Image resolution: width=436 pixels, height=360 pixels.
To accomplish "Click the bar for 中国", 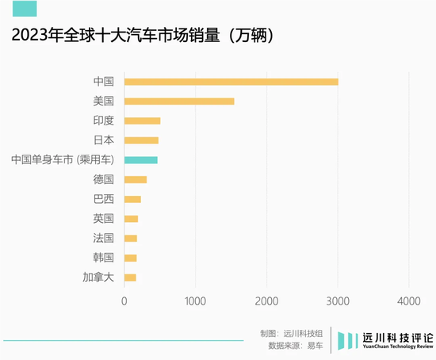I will pos(231,82).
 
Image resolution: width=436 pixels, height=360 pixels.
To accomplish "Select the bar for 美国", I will pos(179,101).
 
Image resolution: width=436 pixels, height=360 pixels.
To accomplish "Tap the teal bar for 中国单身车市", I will pos(141,160).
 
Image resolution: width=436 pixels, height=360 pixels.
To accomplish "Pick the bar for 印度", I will pos(143,121).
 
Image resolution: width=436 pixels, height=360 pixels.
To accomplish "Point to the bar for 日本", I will pos(141,140).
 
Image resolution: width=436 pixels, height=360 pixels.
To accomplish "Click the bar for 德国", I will pos(136,179).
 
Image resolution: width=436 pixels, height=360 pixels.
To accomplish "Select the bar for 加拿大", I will pos(130,278).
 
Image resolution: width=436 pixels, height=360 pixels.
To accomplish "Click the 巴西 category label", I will pos(104,199).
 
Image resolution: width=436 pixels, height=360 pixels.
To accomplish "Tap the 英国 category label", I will pos(104,219).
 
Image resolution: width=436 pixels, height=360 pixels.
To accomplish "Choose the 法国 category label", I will pos(104,238).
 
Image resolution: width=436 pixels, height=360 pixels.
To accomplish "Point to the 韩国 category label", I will pos(104,258).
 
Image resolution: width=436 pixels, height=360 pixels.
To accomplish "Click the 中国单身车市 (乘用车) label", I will pos(63,160).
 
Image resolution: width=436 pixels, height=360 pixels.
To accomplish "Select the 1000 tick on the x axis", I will pos(195,301).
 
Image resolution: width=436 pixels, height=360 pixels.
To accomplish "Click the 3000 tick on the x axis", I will pos(338,301).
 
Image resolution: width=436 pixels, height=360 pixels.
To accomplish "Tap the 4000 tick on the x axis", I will pos(408,301).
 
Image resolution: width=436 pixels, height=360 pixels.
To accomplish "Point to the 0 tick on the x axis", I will pos(124,301).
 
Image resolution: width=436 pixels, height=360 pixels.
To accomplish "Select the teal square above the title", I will pos(25,9).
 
